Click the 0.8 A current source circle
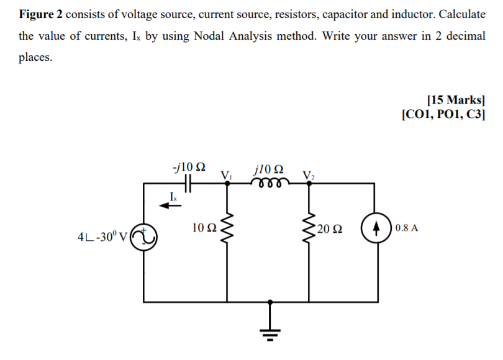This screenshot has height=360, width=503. (x=374, y=228)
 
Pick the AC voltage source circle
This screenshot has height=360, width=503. (x=143, y=236)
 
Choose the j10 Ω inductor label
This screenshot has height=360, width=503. (x=269, y=168)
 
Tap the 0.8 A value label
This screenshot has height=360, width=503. (x=406, y=228)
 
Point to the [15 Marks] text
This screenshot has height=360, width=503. (x=456, y=99)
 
